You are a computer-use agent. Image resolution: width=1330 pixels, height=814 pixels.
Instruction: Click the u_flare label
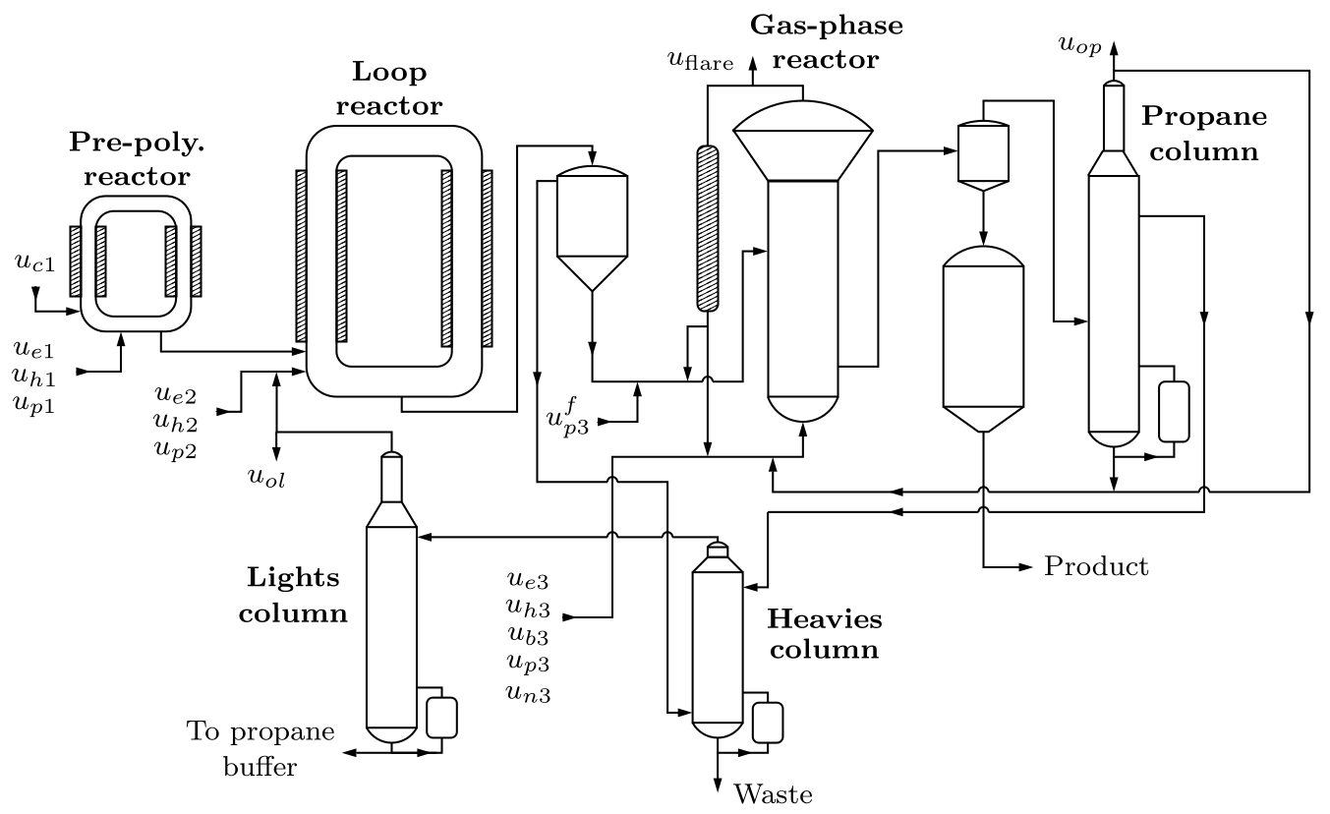coord(701,61)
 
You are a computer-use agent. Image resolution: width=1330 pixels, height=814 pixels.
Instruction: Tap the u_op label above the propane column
coord(1080,45)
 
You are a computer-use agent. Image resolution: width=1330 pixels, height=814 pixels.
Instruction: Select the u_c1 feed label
coord(35,262)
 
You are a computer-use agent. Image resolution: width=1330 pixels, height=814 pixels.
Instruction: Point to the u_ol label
coord(266,478)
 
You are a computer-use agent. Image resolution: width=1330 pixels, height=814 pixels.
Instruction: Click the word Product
coord(1096,566)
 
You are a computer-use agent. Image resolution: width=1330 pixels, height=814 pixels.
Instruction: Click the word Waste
coord(773,793)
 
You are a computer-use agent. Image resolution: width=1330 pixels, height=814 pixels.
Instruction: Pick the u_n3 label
coord(529,693)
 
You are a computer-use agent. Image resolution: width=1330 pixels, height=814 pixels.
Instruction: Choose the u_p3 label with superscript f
coord(567,417)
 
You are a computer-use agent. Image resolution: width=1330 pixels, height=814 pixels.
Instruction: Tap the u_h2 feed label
coord(175,422)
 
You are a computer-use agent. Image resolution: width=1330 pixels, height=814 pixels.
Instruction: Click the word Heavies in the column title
coord(824,619)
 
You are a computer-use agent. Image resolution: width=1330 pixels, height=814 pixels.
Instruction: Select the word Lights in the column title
coord(293,577)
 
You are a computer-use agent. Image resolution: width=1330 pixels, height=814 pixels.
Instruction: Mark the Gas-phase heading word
coord(826,25)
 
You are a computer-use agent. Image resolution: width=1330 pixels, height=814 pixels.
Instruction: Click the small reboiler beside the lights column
coord(441,718)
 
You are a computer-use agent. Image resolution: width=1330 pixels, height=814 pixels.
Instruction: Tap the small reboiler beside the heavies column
coord(767,722)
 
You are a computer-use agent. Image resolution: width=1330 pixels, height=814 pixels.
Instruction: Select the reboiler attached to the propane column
coord(1174,412)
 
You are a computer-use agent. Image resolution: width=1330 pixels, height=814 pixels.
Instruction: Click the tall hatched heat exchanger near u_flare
coord(707,229)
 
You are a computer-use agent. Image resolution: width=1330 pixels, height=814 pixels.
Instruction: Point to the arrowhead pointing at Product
coord(1026,567)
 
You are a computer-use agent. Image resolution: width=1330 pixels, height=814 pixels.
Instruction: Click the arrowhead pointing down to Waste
coord(718,785)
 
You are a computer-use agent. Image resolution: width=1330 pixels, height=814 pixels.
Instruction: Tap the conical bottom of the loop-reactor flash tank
coord(592,272)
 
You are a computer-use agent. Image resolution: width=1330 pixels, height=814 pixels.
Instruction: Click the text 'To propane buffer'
coord(260,749)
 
